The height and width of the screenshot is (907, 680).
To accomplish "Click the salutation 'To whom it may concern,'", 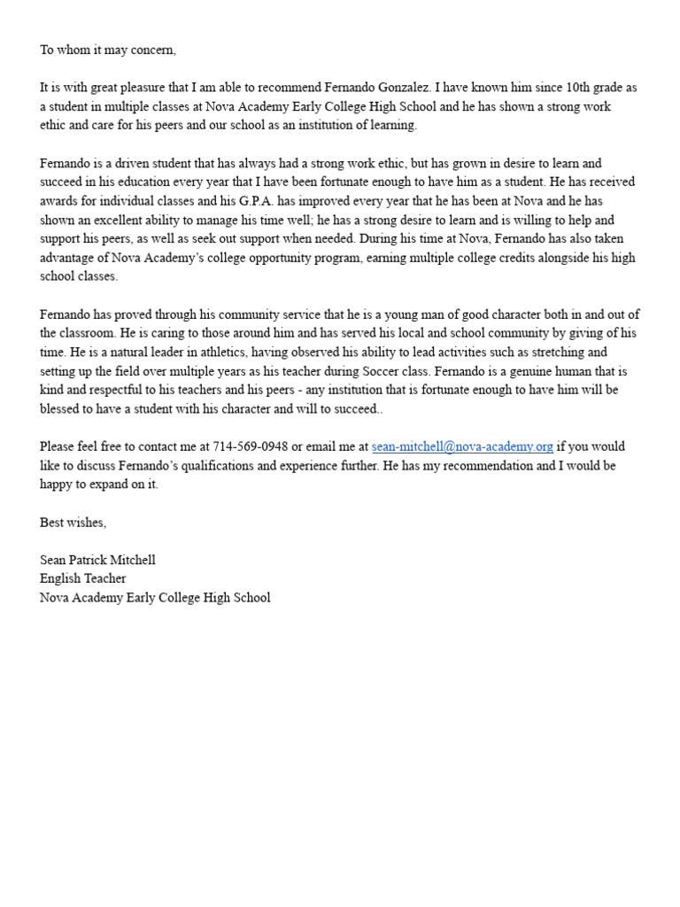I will pos(108,50).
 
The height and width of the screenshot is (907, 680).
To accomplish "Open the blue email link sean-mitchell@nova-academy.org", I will pos(462,446).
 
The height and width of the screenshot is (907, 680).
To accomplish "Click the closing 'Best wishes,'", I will pos(73,523).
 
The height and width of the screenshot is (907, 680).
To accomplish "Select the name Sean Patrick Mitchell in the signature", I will pos(97,560).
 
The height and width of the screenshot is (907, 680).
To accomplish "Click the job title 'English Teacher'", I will pos(83,578).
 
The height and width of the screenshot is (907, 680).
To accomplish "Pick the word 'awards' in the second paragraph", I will pos(60,201).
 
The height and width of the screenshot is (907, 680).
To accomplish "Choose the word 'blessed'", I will pos(61,409).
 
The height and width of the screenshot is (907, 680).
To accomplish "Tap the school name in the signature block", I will pos(155,598).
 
